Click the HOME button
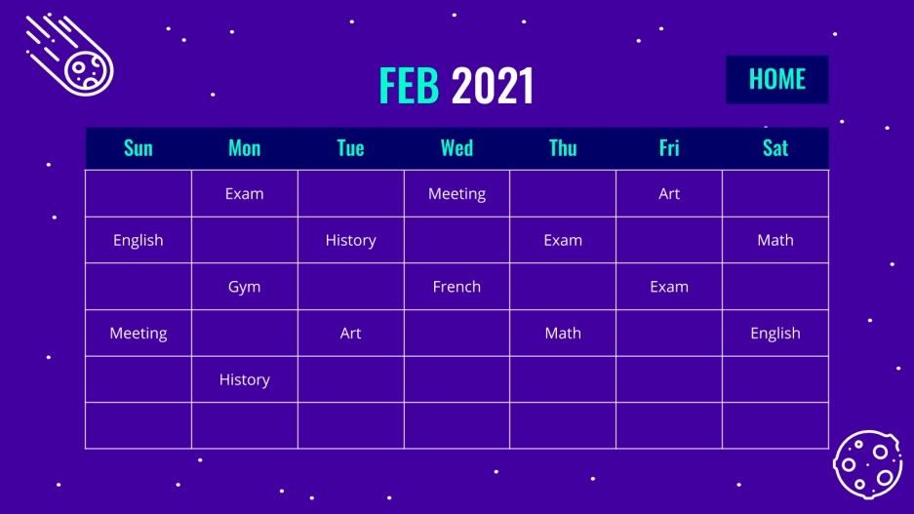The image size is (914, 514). point(776,79)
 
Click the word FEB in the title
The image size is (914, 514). point(409,87)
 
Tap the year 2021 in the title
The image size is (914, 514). point(493,87)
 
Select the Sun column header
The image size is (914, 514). point(139,148)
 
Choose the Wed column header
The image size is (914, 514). point(457,148)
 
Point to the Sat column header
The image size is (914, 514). point(775,148)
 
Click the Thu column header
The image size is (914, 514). point(563,148)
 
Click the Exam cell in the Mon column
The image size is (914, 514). point(244,193)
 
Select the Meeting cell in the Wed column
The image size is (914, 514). point(457,193)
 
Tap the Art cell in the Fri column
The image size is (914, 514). point(669,193)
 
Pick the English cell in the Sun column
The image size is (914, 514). point(139,240)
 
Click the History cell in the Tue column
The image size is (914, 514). point(350,240)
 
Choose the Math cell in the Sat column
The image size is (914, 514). point(775,240)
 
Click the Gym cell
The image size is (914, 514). point(244,287)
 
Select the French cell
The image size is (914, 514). point(457,287)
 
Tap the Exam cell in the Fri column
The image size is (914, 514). point(669,287)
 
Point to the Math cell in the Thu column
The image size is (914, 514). point(563,333)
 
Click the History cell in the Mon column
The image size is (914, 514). point(244,379)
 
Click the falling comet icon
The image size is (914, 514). point(72,56)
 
